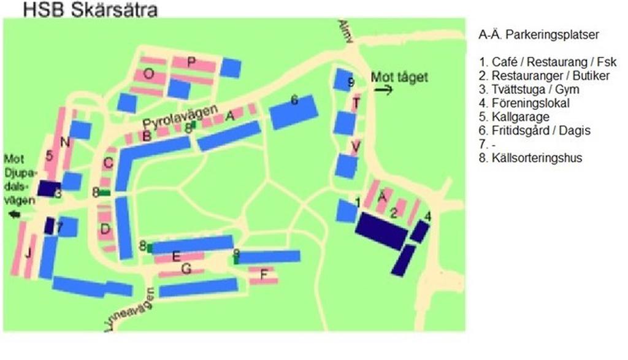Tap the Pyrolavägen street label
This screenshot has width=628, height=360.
tap(182, 115)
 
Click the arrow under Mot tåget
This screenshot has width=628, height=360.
tap(383, 90)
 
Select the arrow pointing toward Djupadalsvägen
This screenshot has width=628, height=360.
tap(13, 214)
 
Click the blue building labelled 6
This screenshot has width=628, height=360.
tap(294, 110)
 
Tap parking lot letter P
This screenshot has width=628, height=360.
tap(191, 61)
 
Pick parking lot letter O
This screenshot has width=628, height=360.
tap(148, 74)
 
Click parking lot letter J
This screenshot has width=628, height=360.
tap(27, 253)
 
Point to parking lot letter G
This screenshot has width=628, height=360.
tap(187, 267)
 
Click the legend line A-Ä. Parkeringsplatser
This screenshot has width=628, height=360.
tap(538, 34)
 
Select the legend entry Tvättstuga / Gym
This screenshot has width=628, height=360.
tap(529, 90)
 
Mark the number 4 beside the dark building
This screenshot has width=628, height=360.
tap(427, 216)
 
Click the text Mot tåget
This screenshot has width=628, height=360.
tap(399, 77)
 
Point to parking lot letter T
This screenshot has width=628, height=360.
tap(356, 102)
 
